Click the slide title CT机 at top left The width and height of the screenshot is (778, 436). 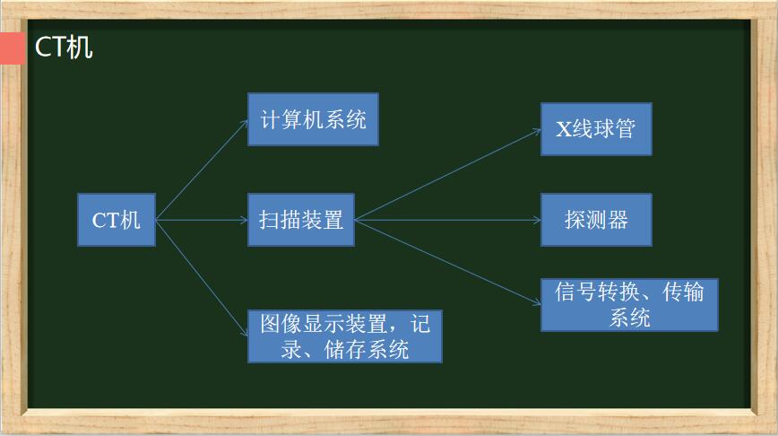click(64, 48)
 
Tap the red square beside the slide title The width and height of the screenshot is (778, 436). click(13, 48)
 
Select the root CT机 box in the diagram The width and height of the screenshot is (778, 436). click(117, 220)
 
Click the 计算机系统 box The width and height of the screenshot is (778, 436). click(313, 119)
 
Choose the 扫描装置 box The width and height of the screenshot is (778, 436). click(301, 220)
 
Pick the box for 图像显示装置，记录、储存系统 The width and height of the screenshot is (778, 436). click(345, 336)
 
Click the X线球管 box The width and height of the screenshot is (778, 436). click(596, 129)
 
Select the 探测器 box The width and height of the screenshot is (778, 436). click(596, 220)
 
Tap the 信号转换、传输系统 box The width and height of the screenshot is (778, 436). click(629, 304)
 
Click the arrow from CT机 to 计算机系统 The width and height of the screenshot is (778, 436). click(202, 170)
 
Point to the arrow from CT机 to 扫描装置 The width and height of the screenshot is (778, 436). click(202, 220)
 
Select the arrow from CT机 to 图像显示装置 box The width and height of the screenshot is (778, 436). click(202, 278)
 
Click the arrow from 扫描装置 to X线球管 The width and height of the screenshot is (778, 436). click(448, 174)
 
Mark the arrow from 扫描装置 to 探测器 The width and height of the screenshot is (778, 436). click(448, 220)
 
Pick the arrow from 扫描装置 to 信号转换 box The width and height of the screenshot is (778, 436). click(448, 262)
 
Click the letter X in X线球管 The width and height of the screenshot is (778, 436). click(564, 129)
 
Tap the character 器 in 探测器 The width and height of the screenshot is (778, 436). click(618, 220)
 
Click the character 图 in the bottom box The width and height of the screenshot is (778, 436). click(271, 324)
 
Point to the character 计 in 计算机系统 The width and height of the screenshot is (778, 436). click(271, 119)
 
